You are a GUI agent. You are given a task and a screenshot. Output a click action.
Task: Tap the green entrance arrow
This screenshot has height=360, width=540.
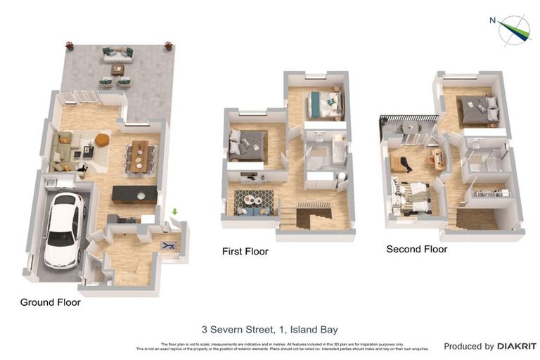(x=174, y=211)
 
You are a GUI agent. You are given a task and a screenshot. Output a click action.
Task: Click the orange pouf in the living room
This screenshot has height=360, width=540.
(x=102, y=140)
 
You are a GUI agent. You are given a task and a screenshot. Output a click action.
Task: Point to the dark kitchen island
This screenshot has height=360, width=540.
(x=134, y=194)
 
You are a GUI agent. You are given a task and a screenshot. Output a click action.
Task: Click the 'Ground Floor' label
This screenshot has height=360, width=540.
(x=50, y=302)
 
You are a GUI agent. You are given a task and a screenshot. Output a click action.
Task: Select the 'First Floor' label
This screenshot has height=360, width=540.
(x=245, y=251)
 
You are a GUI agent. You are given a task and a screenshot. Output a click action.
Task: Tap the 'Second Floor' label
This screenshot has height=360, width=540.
(x=416, y=249)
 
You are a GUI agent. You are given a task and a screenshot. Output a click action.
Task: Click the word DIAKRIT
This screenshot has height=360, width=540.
(x=517, y=346)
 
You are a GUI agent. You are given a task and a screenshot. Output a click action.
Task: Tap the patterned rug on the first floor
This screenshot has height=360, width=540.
(x=253, y=201)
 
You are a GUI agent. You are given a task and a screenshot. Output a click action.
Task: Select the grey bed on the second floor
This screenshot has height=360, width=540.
(x=478, y=110)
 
